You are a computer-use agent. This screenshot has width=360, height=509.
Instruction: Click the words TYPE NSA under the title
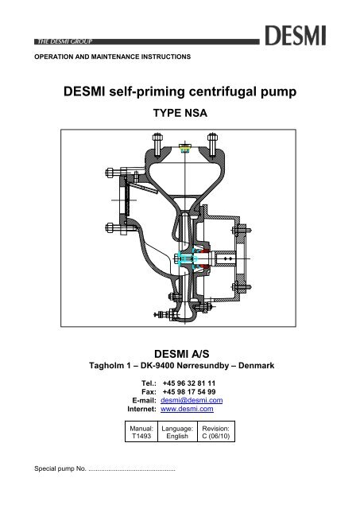180,114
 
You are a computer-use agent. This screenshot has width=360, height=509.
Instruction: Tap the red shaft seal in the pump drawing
206,258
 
